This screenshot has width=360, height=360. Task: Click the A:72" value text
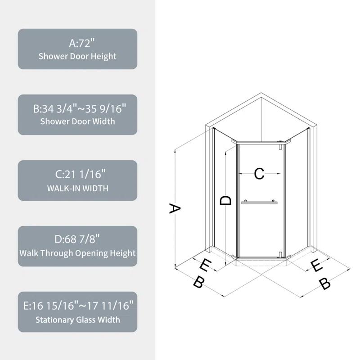tap(77, 44)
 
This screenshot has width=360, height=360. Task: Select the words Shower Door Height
tap(77, 56)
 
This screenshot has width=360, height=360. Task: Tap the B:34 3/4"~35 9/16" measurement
tap(77, 109)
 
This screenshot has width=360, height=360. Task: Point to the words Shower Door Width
tap(77, 121)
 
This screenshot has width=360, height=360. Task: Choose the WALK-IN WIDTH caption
tap(77, 188)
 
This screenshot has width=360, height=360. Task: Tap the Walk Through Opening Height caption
tap(77, 253)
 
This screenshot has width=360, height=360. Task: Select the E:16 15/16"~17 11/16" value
tap(77, 306)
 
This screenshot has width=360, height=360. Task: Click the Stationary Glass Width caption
tap(77, 319)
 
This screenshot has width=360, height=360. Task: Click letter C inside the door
tap(259, 174)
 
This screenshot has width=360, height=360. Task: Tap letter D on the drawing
tap(226, 200)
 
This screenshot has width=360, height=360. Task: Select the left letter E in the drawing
tap(205, 265)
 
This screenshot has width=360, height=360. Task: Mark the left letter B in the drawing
tap(198, 283)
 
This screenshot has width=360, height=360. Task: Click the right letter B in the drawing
tap(325, 284)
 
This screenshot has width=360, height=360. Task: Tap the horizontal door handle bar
tap(259, 202)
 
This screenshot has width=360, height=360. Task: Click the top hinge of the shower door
tap(281, 145)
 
